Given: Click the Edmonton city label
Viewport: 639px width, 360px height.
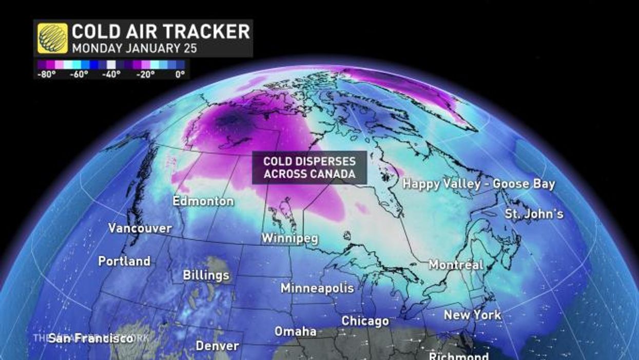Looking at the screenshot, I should tap(203, 201).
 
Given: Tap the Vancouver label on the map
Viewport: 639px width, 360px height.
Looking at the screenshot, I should tap(140, 228).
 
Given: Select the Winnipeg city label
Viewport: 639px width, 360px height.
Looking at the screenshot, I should tap(289, 239).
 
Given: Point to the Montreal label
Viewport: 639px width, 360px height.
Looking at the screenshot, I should tap(456, 265).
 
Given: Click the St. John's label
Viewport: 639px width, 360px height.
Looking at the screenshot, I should tap(533, 213).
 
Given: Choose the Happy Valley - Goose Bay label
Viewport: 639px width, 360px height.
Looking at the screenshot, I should tap(478, 184).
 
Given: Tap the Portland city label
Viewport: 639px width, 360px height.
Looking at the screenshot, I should tap(124, 261).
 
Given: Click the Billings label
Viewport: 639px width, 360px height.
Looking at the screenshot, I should tap(206, 275).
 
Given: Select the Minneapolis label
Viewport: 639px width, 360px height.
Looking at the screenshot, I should tap(317, 288).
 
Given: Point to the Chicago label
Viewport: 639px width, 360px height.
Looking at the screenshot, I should tap(365, 321).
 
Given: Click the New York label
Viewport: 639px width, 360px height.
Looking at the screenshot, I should tap(472, 314).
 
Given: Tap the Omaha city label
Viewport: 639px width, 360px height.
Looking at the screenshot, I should tap(295, 331).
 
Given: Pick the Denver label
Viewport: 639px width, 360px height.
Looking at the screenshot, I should tap(218, 346).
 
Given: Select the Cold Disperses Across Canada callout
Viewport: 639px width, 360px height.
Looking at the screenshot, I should tap(309, 167).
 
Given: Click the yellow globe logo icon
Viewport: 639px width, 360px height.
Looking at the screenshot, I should tap(52, 39).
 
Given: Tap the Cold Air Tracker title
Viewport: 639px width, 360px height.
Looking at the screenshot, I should tap(161, 32).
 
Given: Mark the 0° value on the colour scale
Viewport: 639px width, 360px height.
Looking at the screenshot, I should tap(180, 74).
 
